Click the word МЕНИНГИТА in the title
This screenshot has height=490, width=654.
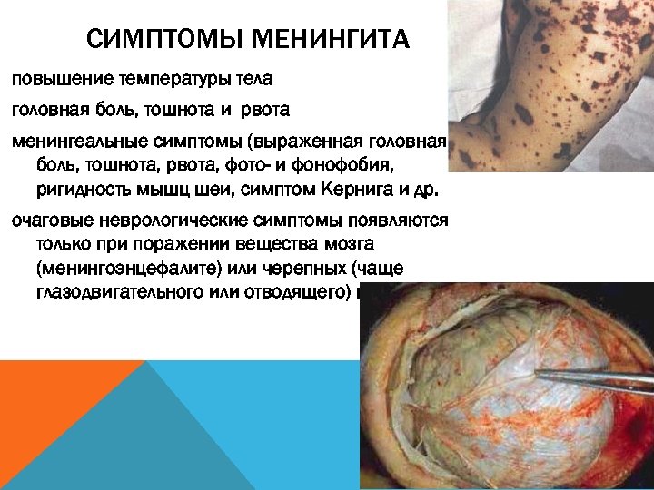pyautogui.click(x=331, y=40)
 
